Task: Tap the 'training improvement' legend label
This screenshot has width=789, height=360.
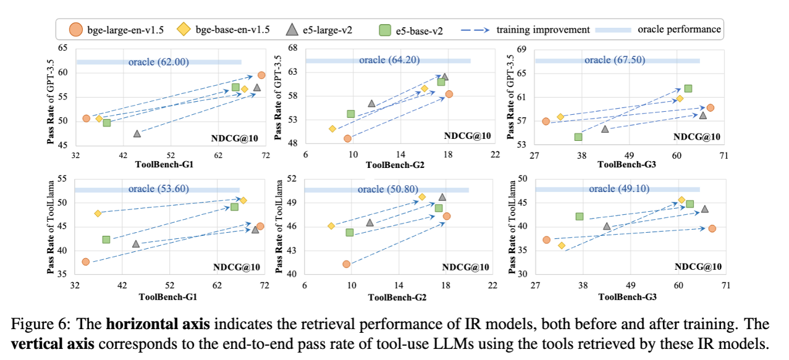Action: [x=542, y=29]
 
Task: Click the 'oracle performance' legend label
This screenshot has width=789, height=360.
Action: [x=679, y=29]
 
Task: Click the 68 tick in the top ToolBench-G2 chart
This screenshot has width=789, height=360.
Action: [x=293, y=48]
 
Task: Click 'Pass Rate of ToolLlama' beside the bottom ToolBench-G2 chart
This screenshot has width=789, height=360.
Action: [x=279, y=226]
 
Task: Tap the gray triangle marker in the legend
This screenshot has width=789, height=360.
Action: [x=293, y=29]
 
